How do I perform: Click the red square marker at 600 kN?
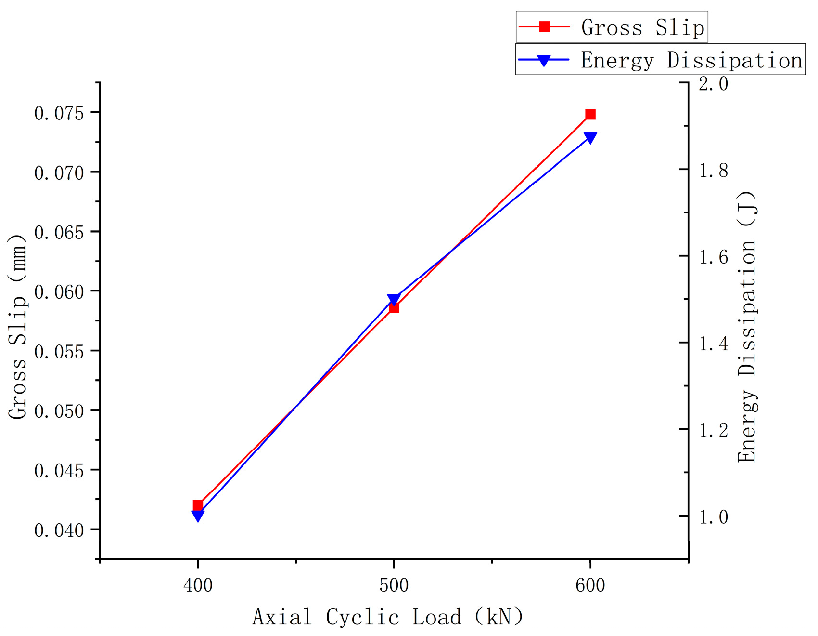pyautogui.click(x=590, y=114)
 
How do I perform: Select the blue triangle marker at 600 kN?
pyautogui.click(x=590, y=138)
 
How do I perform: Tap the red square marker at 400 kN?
pyautogui.click(x=198, y=505)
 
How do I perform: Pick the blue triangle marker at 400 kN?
pyautogui.click(x=198, y=516)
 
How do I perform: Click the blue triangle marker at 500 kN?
pyautogui.click(x=394, y=299)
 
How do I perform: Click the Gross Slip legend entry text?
pyautogui.click(x=642, y=27)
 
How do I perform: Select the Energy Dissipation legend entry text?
pyautogui.click(x=691, y=60)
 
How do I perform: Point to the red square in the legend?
pyautogui.click(x=544, y=26)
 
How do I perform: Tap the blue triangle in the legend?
pyautogui.click(x=544, y=60)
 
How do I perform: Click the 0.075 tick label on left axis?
pyautogui.click(x=59, y=114)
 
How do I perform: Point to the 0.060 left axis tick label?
pyautogui.click(x=59, y=292)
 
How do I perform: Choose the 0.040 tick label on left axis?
pyautogui.click(x=59, y=530)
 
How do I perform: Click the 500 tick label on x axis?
pyautogui.click(x=394, y=585)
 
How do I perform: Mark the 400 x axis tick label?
pyautogui.click(x=198, y=585)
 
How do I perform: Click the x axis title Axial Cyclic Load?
pyautogui.click(x=388, y=617)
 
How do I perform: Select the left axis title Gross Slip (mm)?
pyautogui.click(x=18, y=327)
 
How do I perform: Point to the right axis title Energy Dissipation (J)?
pyautogui.click(x=747, y=327)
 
